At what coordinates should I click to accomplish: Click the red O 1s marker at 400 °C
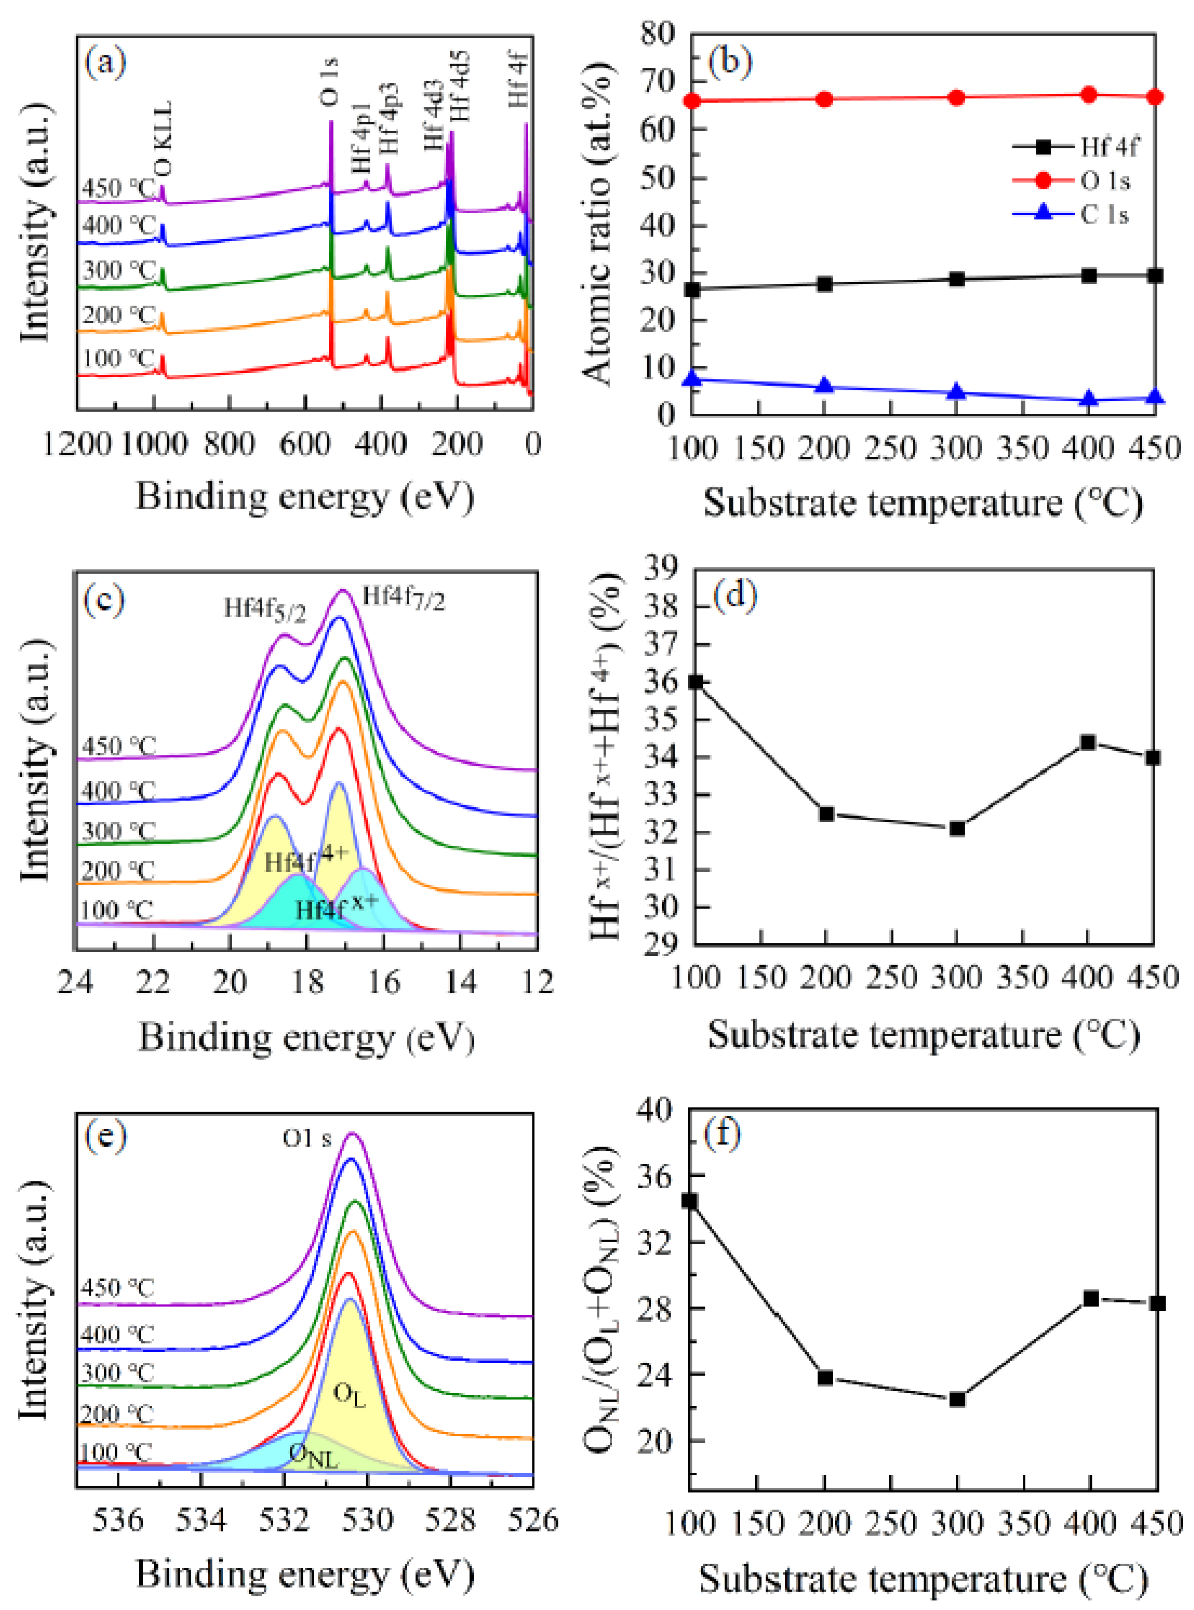pyautogui.click(x=1089, y=94)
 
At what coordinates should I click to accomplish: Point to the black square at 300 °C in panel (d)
pyautogui.click(x=957, y=828)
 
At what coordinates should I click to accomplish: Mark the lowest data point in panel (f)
pyautogui.click(x=957, y=1399)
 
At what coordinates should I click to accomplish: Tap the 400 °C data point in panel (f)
pyautogui.click(x=1091, y=1298)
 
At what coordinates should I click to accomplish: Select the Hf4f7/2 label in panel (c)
pyautogui.click(x=403, y=598)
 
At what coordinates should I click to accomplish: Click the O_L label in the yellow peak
pyautogui.click(x=349, y=1394)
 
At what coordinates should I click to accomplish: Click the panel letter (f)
pyautogui.click(x=723, y=1135)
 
